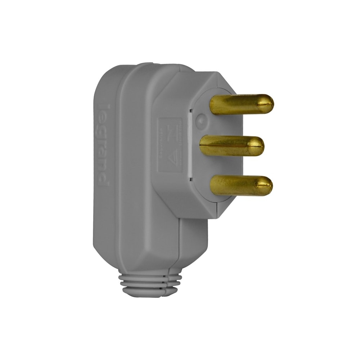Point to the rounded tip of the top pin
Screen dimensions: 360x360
coord(268,104)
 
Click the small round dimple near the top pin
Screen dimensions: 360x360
coord(201,118)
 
